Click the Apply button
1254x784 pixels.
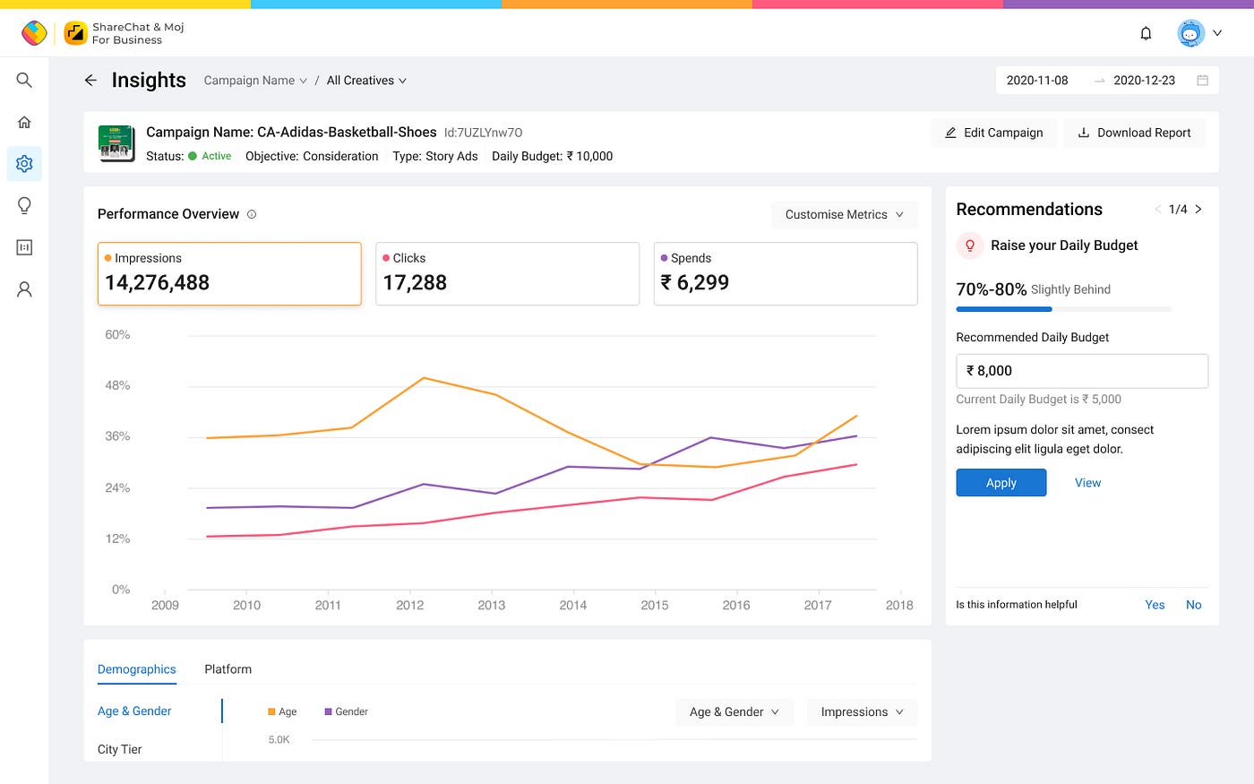[x=1001, y=482]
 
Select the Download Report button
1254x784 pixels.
[x=1134, y=133]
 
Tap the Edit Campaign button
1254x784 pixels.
[x=993, y=133]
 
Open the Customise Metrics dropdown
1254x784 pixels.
[x=844, y=214]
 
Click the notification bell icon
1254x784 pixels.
[x=1146, y=34]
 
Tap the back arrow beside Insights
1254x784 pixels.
[x=90, y=80]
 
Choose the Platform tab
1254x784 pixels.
[x=228, y=669]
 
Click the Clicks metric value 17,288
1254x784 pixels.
[x=415, y=283]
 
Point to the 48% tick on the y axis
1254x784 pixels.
[x=117, y=385]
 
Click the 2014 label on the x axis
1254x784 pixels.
[x=572, y=605]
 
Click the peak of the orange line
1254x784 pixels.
[x=424, y=378]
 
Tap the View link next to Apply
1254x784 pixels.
[x=1087, y=483]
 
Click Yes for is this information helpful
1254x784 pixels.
[x=1155, y=605]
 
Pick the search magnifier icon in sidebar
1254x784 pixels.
[x=24, y=80]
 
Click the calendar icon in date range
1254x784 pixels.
[x=1202, y=80]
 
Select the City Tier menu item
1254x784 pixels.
[x=119, y=749]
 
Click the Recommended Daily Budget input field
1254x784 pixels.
[x=1082, y=371]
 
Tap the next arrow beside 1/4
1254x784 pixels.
[x=1198, y=209]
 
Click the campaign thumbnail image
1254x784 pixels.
[x=116, y=143]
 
